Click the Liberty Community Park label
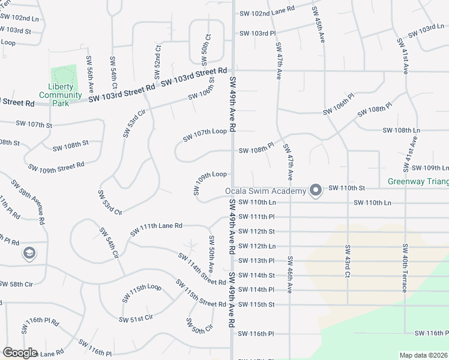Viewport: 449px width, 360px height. click(60, 91)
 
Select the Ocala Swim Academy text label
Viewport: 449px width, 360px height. click(266, 191)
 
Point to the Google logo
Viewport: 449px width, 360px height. click(20, 353)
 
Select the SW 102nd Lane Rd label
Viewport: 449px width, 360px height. click(267, 13)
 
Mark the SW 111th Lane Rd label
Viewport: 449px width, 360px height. click(156, 229)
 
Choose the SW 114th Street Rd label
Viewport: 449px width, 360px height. click(202, 269)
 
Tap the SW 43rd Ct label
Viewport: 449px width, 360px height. click(348, 261)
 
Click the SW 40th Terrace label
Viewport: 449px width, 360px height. click(406, 268)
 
